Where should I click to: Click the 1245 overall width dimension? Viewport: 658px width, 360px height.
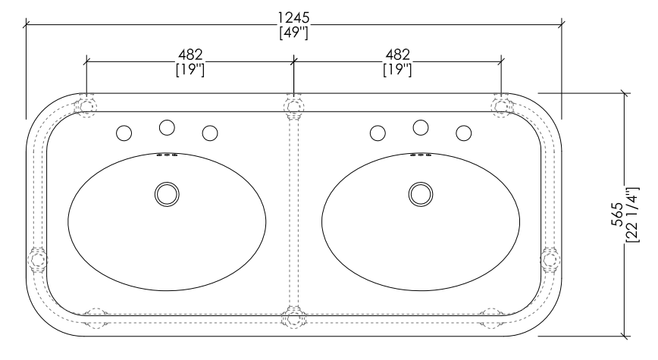pos(294,17)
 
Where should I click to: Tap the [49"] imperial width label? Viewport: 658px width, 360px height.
pos(294,33)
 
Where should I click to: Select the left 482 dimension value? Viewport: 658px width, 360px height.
pos(190,55)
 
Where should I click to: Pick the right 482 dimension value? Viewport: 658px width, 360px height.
pos(397,55)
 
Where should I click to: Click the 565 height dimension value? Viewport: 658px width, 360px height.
pos(617,214)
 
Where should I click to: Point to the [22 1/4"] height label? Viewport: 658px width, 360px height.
pos(632,214)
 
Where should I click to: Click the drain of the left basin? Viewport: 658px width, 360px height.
pos(167,194)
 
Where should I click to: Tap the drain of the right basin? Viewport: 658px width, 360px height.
pos(421,194)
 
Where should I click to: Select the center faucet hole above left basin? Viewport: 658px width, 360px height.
pos(167,127)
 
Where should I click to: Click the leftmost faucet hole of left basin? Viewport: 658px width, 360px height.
pos(124,133)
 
